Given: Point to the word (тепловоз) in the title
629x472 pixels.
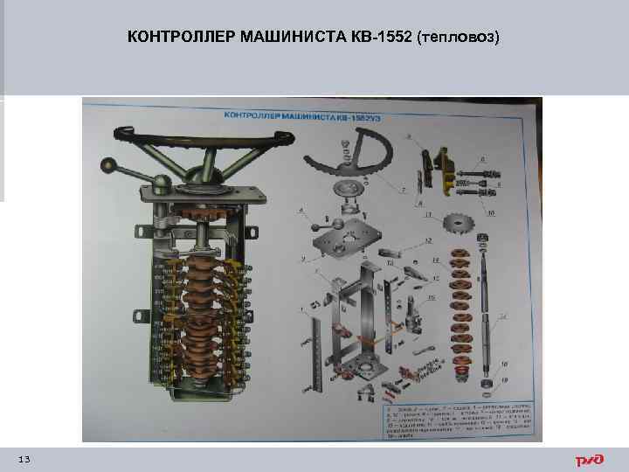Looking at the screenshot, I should (460, 38).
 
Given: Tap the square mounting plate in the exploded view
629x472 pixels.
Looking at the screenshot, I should (345, 240).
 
